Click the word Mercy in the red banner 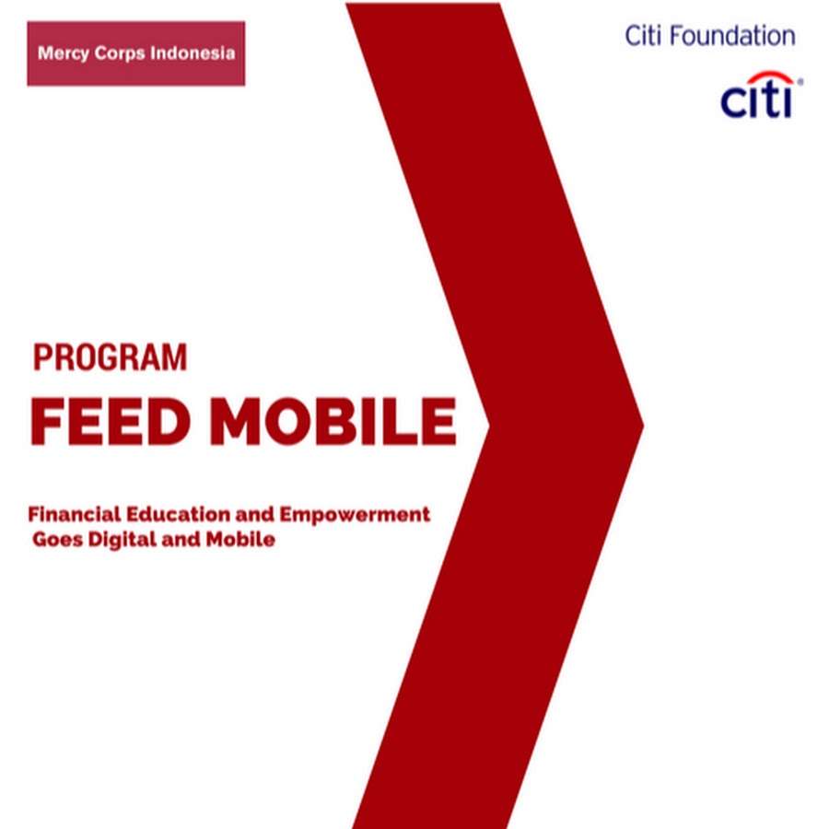(x=63, y=54)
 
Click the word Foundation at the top (x=733, y=36)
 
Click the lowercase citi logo (x=756, y=100)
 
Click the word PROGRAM (x=110, y=357)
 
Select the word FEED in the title (x=111, y=421)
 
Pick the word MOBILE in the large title (x=333, y=421)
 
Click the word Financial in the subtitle (x=75, y=514)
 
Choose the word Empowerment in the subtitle (x=355, y=515)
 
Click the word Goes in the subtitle (x=58, y=540)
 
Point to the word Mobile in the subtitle (x=240, y=539)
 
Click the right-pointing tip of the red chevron (x=643, y=425)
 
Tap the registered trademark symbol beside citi (x=800, y=82)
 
